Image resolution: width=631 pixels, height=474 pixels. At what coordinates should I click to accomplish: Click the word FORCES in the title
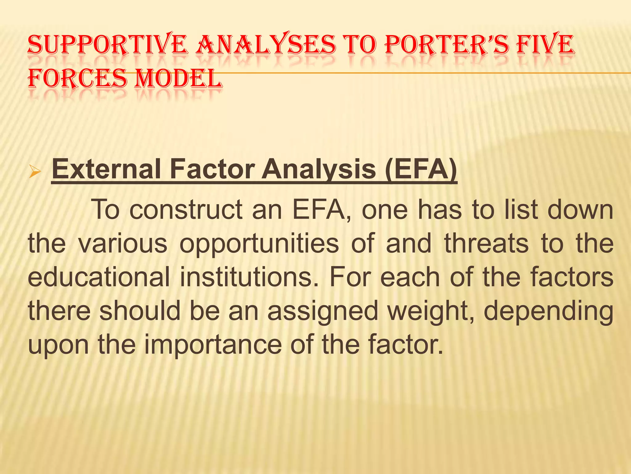[77, 78]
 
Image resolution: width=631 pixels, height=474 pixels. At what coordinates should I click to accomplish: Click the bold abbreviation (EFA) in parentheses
[421, 169]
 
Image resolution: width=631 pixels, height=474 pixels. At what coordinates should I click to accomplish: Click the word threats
[486, 244]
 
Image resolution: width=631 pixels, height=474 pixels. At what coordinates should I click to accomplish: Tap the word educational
[99, 277]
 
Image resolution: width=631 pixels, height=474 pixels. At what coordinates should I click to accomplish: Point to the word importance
[213, 345]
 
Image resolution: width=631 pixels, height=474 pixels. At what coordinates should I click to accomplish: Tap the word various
[123, 244]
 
